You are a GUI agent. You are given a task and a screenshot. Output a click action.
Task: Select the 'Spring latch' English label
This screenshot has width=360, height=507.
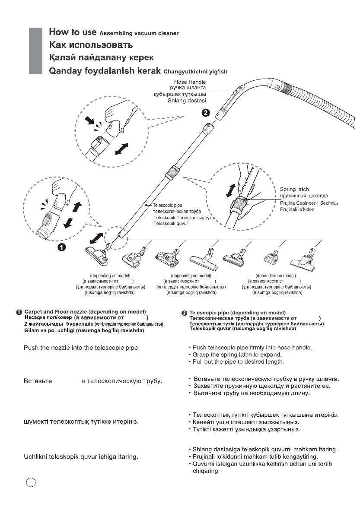(x=294, y=189)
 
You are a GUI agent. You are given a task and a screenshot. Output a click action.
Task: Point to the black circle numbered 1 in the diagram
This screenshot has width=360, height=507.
(x=62, y=247)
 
